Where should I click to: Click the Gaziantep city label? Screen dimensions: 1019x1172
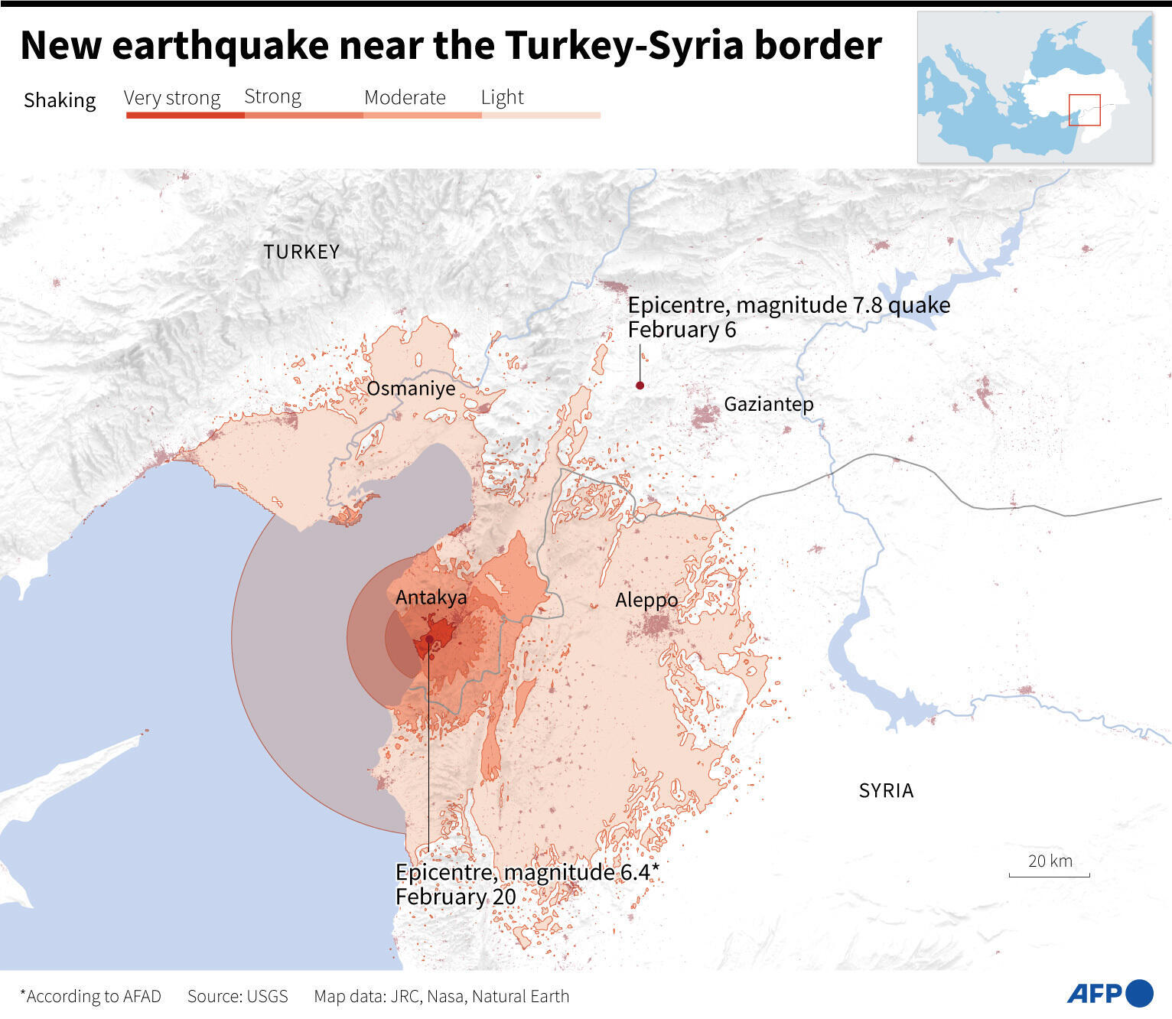(768, 404)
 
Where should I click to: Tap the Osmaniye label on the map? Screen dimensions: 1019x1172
(411, 389)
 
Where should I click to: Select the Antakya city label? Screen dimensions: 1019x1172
(431, 597)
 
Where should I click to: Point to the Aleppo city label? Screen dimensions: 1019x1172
(646, 601)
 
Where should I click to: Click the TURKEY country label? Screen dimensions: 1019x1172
(301, 252)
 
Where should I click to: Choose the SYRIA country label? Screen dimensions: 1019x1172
(886, 790)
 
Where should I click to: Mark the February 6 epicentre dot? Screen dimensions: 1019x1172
(640, 386)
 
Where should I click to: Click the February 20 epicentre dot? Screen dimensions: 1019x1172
(429, 639)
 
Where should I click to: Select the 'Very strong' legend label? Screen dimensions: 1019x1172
(172, 98)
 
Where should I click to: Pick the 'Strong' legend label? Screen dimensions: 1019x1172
(272, 96)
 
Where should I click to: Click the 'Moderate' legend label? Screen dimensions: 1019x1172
(405, 97)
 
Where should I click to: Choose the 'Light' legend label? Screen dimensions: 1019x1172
(502, 97)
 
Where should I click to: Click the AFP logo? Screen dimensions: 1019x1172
(1109, 993)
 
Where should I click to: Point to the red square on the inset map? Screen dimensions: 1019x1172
(1084, 110)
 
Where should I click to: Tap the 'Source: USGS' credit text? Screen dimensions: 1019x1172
(238, 996)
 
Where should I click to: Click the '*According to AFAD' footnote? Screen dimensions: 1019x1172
(90, 996)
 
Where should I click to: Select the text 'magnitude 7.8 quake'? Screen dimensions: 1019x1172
(843, 305)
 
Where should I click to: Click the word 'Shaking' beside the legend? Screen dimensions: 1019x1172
(60, 100)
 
